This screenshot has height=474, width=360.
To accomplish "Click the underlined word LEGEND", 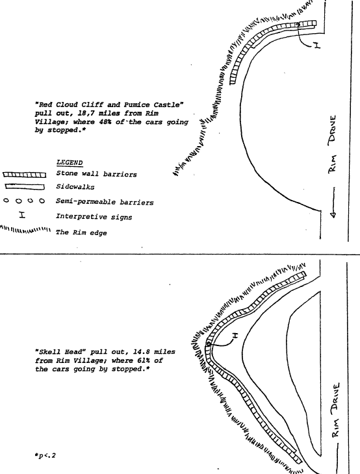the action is point(70,162).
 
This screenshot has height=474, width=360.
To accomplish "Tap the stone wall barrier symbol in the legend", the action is point(25,175).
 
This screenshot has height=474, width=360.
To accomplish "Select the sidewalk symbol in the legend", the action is point(25,187).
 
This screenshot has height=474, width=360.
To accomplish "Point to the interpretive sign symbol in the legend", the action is point(22,215).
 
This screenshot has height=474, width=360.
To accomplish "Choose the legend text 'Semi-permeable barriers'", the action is point(105,202).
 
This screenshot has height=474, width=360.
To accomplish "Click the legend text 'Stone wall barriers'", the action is point(97,174).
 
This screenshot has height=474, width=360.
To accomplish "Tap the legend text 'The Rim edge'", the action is point(81,232).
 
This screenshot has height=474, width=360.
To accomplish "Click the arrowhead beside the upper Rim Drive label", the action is point(333,215).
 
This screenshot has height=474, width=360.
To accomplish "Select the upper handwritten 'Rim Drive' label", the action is point(333,144).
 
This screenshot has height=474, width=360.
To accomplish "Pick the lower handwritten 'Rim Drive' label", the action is point(335,410).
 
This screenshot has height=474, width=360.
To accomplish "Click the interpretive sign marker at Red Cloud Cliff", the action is point(316,45).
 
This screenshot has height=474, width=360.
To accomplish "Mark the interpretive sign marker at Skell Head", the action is point(235,335).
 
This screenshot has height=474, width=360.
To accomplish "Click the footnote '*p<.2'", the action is point(45,456).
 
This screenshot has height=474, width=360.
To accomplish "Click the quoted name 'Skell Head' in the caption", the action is point(60,352).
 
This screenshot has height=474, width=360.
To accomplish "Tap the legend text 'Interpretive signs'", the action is point(94,217).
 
